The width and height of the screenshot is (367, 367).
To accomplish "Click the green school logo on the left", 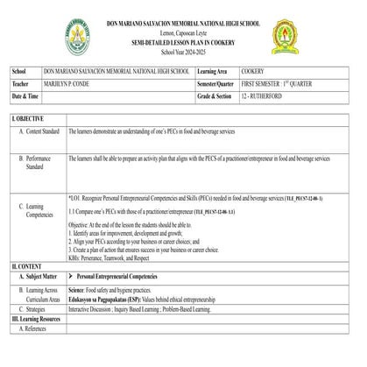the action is [x=80, y=36].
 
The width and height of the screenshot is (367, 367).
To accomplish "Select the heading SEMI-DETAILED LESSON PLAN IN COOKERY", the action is [x=182, y=41].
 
